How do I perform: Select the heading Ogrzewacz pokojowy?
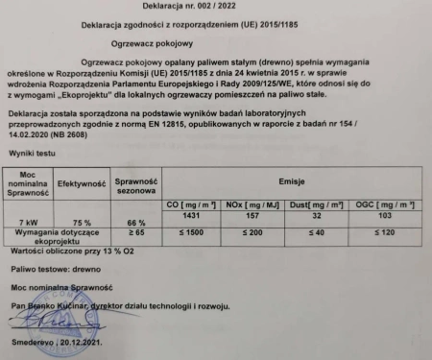coord(212,43)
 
